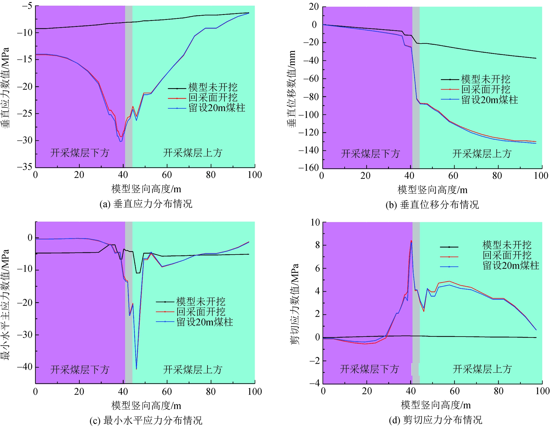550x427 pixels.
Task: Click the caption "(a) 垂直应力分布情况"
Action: pyautogui.click(x=146, y=204)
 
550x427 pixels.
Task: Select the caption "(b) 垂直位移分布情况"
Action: pyautogui.click(x=432, y=205)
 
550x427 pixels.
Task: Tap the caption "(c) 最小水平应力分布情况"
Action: pyautogui.click(x=146, y=421)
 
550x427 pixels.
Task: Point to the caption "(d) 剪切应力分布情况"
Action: pyautogui.click(x=435, y=420)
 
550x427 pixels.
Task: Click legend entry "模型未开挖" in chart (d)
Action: pyautogui.click(x=507, y=245)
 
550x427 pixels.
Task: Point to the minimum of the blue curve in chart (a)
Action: pyautogui.click(x=120, y=141)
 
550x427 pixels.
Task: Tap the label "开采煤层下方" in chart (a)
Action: pyautogui.click(x=80, y=153)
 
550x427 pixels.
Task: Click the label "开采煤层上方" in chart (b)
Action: pyautogui.click(x=482, y=154)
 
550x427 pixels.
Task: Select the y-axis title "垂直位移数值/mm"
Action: pyautogui.click(x=292, y=89)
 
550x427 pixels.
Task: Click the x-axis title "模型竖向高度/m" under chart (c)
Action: pyautogui.click(x=146, y=406)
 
